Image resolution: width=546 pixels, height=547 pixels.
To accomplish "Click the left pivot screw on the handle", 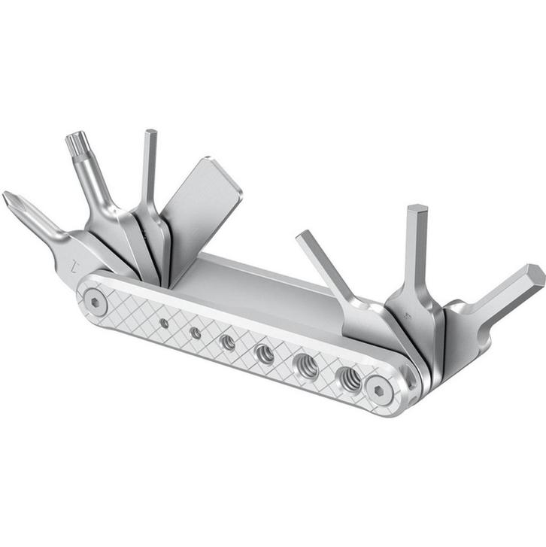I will (93, 301).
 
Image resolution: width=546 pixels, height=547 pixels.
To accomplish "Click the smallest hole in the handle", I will (164, 323).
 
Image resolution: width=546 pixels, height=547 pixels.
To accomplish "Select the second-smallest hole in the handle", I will (195, 332).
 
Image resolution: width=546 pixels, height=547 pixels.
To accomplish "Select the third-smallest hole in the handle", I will (227, 342).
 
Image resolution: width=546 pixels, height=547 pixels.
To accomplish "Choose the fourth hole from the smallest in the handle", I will (264, 353).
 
